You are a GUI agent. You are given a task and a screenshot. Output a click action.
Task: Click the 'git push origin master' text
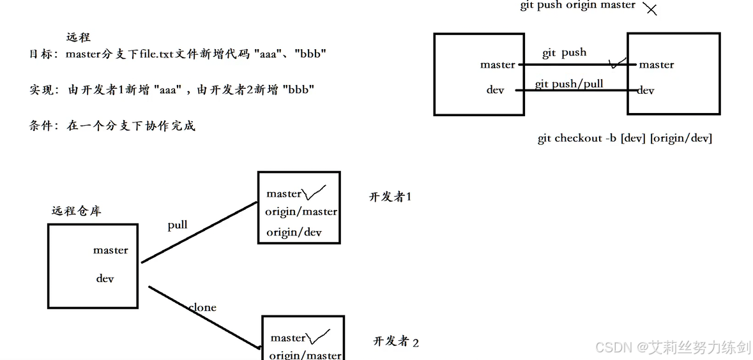click(x=577, y=5)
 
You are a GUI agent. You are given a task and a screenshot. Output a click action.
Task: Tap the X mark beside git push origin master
click(x=650, y=9)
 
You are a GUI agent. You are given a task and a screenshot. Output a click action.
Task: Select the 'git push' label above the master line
click(x=564, y=53)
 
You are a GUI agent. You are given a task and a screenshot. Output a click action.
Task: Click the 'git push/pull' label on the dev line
click(x=568, y=84)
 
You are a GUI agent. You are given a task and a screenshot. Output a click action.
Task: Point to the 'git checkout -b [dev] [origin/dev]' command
click(x=625, y=139)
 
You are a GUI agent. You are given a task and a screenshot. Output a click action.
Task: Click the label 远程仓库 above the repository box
click(x=76, y=211)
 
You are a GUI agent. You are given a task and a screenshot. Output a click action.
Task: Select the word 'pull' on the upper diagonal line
click(x=178, y=225)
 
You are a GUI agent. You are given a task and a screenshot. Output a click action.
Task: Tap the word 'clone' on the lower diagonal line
click(x=202, y=308)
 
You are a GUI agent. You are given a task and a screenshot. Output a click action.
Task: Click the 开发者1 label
click(x=390, y=197)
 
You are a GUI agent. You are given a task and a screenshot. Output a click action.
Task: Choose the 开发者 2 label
click(x=396, y=341)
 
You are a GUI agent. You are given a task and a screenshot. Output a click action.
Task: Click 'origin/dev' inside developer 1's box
click(x=294, y=232)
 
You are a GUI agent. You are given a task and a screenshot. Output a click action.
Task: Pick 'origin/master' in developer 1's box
click(x=301, y=211)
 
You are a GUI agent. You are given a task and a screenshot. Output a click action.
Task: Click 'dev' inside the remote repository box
click(x=105, y=278)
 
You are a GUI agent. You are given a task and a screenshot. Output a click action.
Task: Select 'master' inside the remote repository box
click(x=110, y=250)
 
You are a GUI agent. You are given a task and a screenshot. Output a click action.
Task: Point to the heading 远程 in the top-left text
click(x=79, y=38)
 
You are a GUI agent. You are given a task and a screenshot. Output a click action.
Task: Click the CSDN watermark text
click(x=673, y=347)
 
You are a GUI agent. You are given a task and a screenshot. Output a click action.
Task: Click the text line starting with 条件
click(x=112, y=126)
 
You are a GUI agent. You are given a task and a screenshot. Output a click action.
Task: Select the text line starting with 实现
click(x=172, y=90)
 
